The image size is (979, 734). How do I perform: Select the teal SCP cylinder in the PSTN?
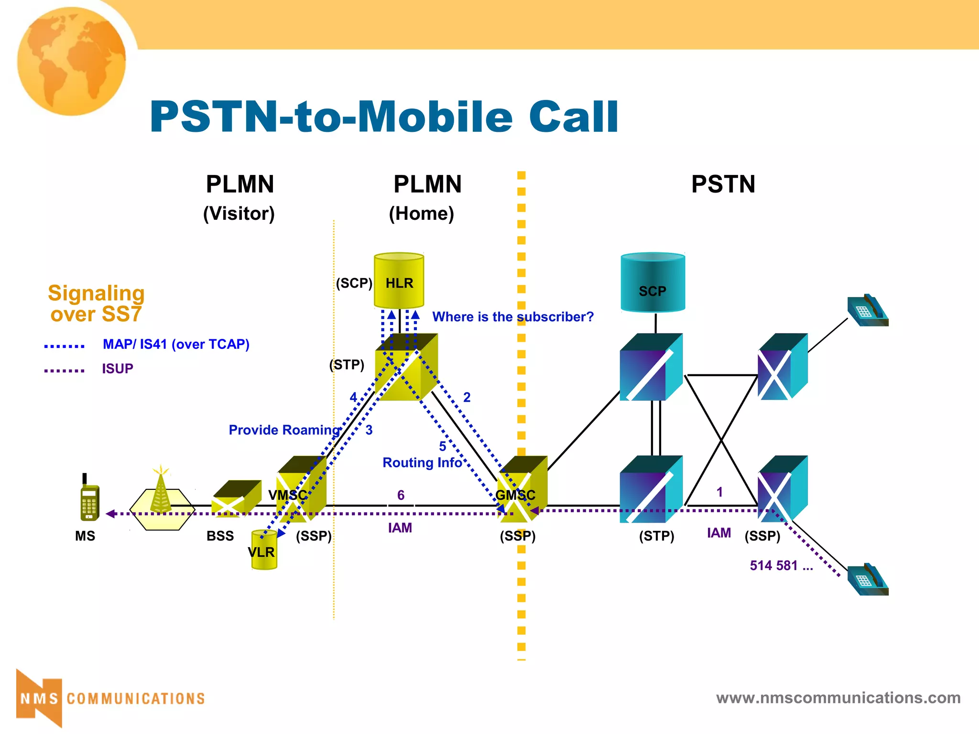pos(653,283)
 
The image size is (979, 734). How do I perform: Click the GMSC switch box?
pos(522,490)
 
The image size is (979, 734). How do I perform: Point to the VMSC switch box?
pos(302,490)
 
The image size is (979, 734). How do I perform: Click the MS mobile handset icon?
pos(89,499)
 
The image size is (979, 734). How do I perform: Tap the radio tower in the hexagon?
pos(161,492)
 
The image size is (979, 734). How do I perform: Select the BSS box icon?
pos(236,499)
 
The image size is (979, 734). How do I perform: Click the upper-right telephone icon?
pos(867,312)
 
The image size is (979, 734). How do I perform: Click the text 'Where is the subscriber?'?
pos(512,317)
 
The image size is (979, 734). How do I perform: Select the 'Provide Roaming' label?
pos(284,430)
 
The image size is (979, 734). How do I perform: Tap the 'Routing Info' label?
pos(422,463)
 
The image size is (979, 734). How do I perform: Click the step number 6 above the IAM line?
pos(401,495)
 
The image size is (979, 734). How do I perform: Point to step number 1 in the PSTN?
pos(719,492)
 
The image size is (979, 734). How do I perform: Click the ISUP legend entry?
pos(117,368)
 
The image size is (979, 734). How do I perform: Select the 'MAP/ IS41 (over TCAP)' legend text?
pos(176,344)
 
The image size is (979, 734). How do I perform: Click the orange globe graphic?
pos(72,61)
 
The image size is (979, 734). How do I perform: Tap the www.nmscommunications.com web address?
pos(838,698)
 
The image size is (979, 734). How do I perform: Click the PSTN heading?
pos(723,184)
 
